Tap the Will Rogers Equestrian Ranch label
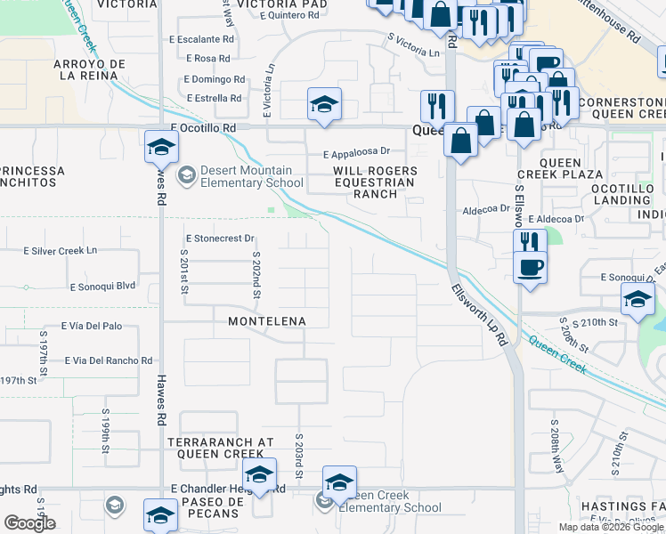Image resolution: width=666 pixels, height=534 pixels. pyautogui.click(x=374, y=182)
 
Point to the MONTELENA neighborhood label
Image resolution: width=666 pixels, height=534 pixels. pyautogui.click(x=267, y=321)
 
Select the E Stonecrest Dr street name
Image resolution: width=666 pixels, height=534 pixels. pyautogui.click(x=220, y=239)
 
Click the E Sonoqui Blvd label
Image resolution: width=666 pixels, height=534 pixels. pyautogui.click(x=102, y=287)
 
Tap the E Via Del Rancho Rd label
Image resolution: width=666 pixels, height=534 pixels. pyautogui.click(x=109, y=360)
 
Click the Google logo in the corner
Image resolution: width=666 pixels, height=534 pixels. pyautogui.click(x=29, y=523)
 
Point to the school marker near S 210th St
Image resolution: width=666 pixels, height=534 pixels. pyautogui.click(x=638, y=302)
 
